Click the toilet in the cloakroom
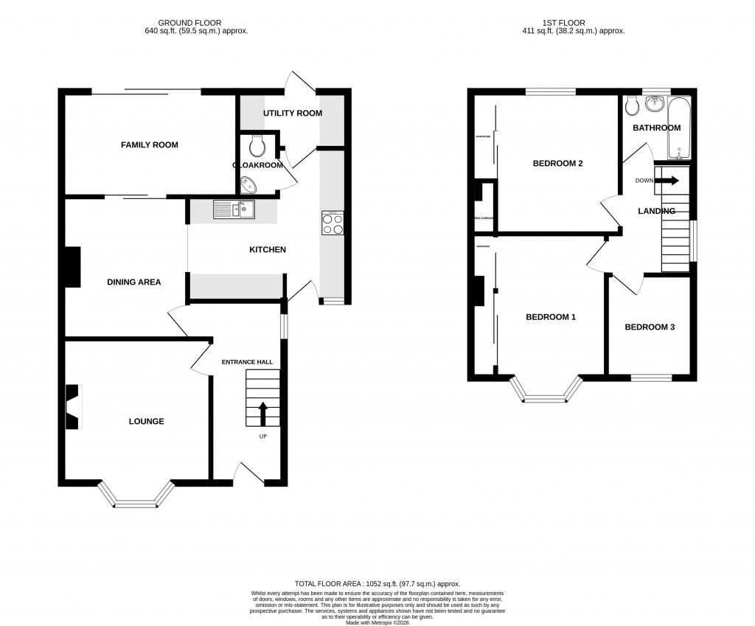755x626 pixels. click(257, 147)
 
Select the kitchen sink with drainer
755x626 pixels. click(234, 209)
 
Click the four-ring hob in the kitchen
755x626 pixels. click(333, 223)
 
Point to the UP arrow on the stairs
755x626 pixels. click(262, 414)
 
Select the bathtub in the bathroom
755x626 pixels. click(679, 130)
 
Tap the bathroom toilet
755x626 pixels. click(631, 108)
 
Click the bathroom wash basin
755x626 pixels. click(655, 104)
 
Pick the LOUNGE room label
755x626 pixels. click(146, 422)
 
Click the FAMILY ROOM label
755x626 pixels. click(150, 145)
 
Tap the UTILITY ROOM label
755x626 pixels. click(293, 114)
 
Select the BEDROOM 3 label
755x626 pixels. click(650, 327)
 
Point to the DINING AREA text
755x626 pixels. click(134, 282)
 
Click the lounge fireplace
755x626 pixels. click(73, 406)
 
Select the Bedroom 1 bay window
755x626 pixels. click(547, 392)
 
